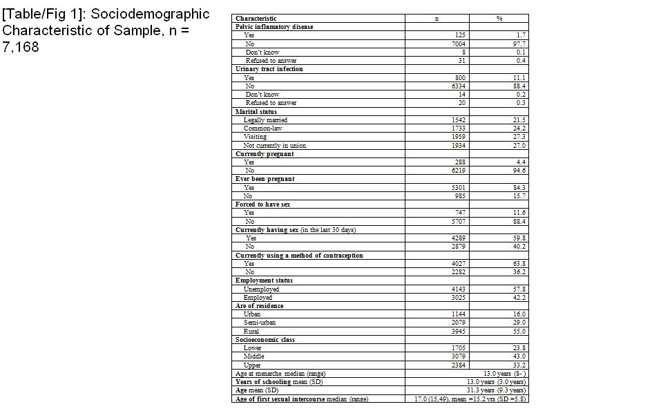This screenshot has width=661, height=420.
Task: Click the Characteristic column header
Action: [x=256, y=19]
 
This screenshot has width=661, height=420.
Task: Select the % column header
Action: [x=499, y=19]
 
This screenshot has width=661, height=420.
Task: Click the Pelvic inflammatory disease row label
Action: [x=274, y=27]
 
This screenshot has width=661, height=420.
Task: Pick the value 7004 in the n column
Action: [x=459, y=44]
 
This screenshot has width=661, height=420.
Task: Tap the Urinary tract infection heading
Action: [x=269, y=69]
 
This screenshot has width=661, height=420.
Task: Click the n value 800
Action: [x=460, y=78]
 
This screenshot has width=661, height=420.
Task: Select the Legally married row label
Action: [x=265, y=120]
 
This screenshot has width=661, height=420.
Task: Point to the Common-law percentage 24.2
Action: [x=519, y=128]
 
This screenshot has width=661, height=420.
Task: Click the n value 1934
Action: [x=459, y=146]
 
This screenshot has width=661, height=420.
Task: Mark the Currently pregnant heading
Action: [x=265, y=154]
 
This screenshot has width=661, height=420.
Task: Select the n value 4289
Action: [x=459, y=238]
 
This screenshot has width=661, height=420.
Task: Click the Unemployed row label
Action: [x=261, y=289]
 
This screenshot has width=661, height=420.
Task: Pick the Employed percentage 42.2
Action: [x=519, y=298]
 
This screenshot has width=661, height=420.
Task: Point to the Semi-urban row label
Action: [x=260, y=323]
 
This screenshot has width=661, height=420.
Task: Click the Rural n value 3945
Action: [x=459, y=332]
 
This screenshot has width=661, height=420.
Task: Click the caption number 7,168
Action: [x=21, y=48]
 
